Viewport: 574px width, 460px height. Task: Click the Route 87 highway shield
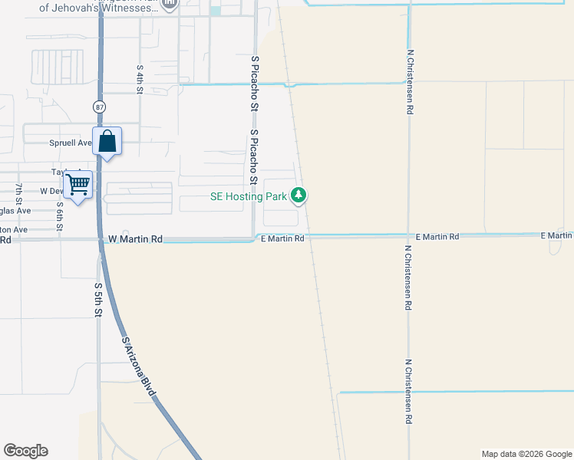click(101, 106)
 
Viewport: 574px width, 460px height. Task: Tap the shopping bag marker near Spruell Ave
click(107, 143)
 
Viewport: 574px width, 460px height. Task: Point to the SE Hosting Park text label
click(249, 196)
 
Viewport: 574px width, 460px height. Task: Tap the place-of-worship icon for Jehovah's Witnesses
click(170, 5)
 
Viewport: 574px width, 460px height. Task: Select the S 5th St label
click(98, 300)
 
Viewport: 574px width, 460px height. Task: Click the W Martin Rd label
click(135, 239)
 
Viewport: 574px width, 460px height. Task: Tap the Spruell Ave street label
click(71, 143)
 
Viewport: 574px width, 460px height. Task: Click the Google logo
click(25, 451)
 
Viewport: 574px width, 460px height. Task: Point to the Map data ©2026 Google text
click(526, 454)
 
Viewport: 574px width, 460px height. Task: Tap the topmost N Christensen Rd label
click(411, 83)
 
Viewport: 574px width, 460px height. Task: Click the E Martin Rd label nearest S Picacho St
click(282, 238)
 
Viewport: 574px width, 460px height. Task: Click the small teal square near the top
click(215, 11)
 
